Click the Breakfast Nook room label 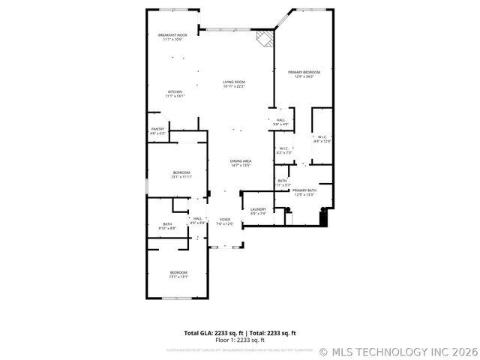(x=172, y=37)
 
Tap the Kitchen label (x=175, y=94)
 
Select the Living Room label (x=234, y=84)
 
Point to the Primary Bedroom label (x=300, y=73)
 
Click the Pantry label (x=157, y=130)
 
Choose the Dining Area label (x=240, y=163)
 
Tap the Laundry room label (x=258, y=211)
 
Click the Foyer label (x=225, y=221)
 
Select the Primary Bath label (x=304, y=192)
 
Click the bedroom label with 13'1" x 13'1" (x=178, y=274)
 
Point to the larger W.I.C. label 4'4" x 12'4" (x=322, y=138)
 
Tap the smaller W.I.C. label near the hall (x=285, y=150)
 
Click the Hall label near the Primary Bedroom (x=280, y=121)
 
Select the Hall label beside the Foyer (x=197, y=220)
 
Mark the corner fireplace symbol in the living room (x=264, y=38)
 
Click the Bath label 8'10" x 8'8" (x=168, y=226)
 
